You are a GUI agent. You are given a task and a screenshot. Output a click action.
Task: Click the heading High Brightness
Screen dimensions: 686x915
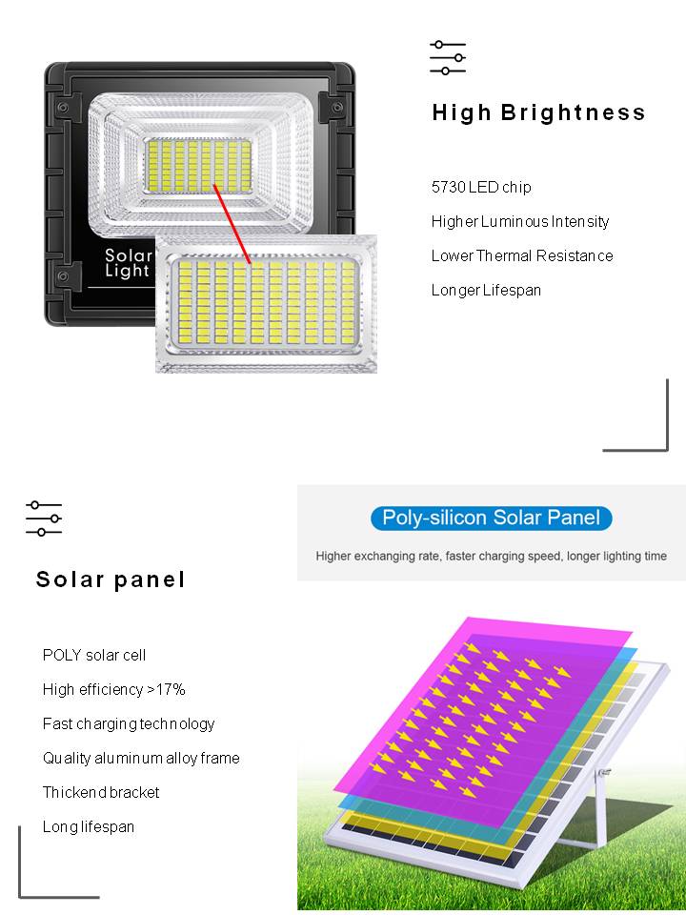(538, 112)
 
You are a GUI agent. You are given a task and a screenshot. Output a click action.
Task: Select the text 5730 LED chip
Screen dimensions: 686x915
(481, 188)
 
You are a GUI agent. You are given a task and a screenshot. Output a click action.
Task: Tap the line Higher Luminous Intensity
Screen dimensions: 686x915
(520, 222)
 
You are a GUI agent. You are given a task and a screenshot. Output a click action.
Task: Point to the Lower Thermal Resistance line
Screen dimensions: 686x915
(522, 255)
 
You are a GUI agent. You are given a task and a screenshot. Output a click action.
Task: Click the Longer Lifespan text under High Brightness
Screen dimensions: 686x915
(486, 290)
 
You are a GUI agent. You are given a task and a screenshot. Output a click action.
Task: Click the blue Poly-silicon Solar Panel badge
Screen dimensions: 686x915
(492, 518)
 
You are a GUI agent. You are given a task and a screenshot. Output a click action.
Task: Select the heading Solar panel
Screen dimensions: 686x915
(111, 579)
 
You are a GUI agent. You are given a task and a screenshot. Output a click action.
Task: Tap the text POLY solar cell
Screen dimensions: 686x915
(94, 655)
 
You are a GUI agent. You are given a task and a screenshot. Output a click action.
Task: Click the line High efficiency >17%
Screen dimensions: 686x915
(113, 689)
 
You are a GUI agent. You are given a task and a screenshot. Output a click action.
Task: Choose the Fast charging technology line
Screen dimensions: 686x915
(129, 724)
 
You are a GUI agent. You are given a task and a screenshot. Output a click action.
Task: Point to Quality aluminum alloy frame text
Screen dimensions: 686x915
(141, 758)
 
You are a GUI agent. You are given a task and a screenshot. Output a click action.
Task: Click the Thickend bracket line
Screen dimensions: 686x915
(101, 792)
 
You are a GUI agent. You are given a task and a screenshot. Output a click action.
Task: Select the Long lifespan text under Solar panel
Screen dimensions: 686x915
(88, 827)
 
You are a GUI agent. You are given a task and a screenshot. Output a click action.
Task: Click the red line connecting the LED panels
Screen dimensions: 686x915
(232, 224)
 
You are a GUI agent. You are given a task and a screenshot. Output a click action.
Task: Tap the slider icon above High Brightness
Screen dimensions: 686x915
(448, 58)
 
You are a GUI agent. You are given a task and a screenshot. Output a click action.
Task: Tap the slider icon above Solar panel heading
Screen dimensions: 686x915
(44, 518)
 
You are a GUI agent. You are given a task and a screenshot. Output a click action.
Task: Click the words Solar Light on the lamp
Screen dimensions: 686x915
(129, 263)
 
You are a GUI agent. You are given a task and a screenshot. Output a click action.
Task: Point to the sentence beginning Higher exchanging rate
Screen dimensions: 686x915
(492, 556)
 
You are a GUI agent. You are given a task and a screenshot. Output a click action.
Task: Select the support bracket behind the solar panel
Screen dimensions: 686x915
(601, 811)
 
